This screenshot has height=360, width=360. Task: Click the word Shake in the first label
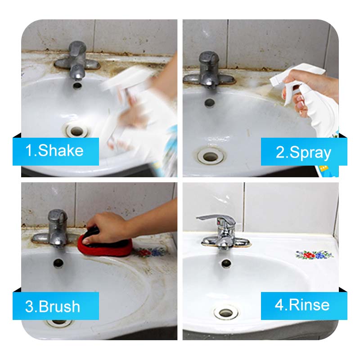(61, 151)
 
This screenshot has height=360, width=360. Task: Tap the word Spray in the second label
(310, 153)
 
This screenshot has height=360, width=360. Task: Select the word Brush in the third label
(59, 306)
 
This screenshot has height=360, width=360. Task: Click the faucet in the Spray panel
(208, 71)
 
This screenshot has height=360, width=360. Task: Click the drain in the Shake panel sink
(76, 131)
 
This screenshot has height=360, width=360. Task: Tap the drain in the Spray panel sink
(211, 157)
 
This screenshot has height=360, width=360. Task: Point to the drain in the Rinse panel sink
(226, 312)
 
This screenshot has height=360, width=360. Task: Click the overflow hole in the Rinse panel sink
(226, 263)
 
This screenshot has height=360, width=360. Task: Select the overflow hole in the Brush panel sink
(58, 263)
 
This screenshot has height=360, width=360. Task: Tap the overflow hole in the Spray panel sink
(209, 103)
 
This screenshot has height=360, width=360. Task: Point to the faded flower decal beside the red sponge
(150, 252)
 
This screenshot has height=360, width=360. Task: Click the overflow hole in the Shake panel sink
(77, 85)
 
